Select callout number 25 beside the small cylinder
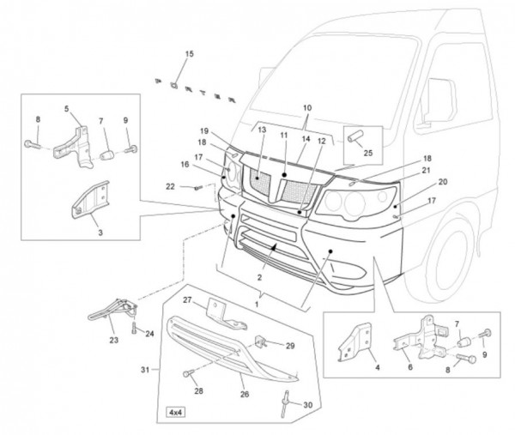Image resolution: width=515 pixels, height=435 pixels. click(368, 153)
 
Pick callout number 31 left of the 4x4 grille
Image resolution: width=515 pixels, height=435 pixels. click(144, 370)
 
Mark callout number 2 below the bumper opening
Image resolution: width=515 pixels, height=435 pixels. click(259, 279)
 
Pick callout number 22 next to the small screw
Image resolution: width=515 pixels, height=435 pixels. click(171, 187)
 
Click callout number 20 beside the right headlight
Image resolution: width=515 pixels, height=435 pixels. click(443, 182)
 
